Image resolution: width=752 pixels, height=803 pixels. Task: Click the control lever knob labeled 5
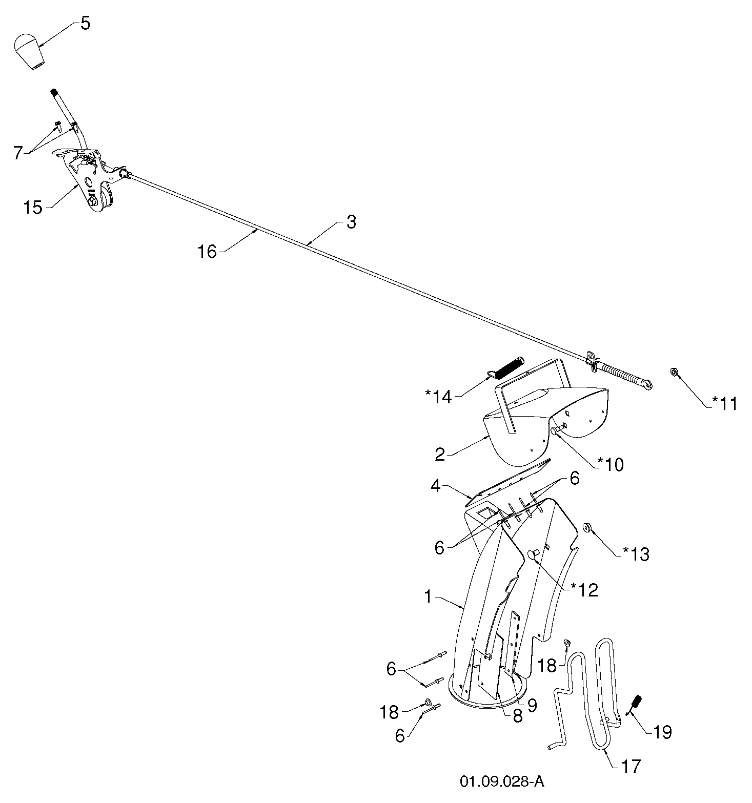click(29, 51)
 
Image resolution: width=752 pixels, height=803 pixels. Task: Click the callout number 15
click(33, 208)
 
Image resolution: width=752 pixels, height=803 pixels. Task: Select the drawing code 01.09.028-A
click(502, 782)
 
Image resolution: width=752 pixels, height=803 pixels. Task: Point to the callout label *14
click(438, 397)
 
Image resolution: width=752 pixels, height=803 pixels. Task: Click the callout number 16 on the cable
click(208, 252)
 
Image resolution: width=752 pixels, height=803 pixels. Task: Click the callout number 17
click(631, 766)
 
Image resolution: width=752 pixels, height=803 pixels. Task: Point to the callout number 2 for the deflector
click(440, 454)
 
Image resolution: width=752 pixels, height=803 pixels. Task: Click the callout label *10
click(611, 465)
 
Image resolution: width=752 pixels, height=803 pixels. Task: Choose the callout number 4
click(436, 486)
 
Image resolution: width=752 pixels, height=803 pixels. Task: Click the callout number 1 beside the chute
click(428, 596)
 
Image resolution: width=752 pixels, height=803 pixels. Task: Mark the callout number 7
click(18, 153)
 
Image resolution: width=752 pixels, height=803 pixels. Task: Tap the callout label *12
click(584, 590)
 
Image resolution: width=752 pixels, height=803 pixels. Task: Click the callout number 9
click(532, 706)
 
